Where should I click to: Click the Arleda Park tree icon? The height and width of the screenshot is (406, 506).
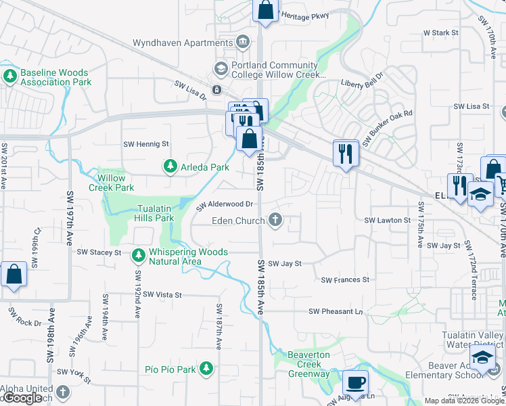click(170, 166)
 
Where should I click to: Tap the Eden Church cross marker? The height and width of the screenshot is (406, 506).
click(275, 220)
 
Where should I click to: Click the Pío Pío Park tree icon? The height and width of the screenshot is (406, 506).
click(206, 369)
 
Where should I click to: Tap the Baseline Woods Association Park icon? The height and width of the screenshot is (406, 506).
click(9, 76)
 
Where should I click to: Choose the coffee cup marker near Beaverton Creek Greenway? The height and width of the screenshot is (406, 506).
click(355, 383)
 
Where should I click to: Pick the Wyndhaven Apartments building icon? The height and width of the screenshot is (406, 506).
click(242, 43)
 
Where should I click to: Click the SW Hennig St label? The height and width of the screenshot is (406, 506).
click(145, 144)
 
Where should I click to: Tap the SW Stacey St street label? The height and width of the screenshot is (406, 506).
click(99, 252)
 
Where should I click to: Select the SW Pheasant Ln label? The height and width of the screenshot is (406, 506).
click(336, 311)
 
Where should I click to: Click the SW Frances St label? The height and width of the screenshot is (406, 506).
click(345, 279)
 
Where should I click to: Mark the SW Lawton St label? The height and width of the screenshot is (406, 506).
click(388, 221)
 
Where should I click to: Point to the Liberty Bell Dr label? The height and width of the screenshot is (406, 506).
click(361, 84)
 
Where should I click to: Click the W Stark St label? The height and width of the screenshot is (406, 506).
click(441, 32)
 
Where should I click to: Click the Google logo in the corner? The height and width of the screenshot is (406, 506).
click(23, 398)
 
